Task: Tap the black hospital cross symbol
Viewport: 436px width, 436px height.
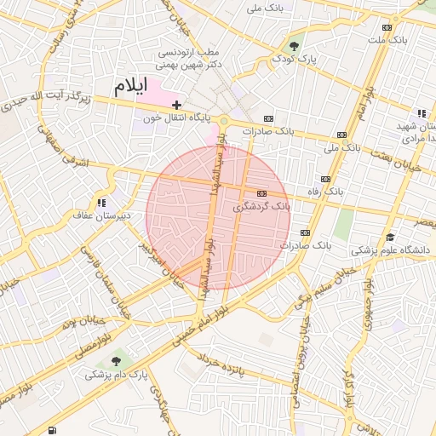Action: coord(176,104)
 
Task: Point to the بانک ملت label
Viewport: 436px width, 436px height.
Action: coord(388,39)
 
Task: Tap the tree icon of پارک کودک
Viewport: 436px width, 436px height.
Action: coord(295,45)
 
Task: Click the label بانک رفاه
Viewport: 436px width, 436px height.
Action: coord(325,192)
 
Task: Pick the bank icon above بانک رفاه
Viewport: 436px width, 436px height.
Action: coord(325,179)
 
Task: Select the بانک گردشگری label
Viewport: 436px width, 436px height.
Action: coord(261,207)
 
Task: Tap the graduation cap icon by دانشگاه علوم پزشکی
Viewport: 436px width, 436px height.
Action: coord(390,237)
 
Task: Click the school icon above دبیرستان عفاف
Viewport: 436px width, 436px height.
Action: coord(101,203)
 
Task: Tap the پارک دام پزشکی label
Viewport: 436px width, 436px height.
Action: coord(116,374)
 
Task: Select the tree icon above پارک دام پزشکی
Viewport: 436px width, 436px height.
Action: coord(116,361)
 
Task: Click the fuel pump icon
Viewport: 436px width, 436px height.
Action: coord(53,430)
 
